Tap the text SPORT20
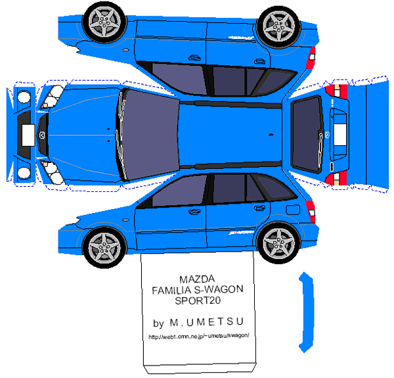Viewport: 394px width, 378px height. pyautogui.click(x=197, y=301)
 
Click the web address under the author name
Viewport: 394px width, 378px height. pyautogui.click(x=199, y=337)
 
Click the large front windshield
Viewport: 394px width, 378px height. pyautogui.click(x=150, y=135)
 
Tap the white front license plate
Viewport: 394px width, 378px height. pyautogui.click(x=28, y=134)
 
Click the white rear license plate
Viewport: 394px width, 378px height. pyautogui.click(x=340, y=134)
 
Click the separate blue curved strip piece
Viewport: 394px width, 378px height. pyautogui.click(x=304, y=309)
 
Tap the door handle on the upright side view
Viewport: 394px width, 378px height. pyautogui.click(x=194, y=211)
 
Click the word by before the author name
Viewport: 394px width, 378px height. pyautogui.click(x=158, y=323)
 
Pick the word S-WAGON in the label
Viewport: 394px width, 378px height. pyautogui.click(x=220, y=289)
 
